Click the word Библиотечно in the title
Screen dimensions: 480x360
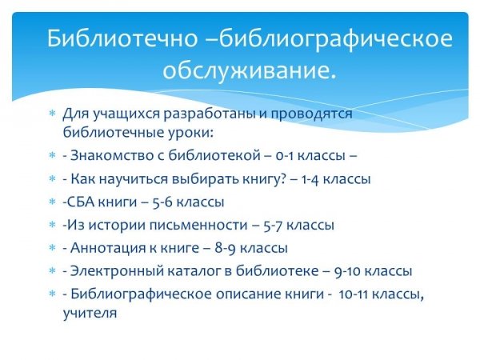122,38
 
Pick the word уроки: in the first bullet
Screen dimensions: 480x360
190,133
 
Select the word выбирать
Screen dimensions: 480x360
206,178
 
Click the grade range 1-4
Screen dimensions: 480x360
310,179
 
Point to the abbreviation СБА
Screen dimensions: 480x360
81,202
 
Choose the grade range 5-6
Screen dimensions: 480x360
162,202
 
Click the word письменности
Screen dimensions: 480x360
198,225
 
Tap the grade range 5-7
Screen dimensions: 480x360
273,226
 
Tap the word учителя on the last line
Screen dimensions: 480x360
90,314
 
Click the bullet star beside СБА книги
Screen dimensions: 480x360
53,202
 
